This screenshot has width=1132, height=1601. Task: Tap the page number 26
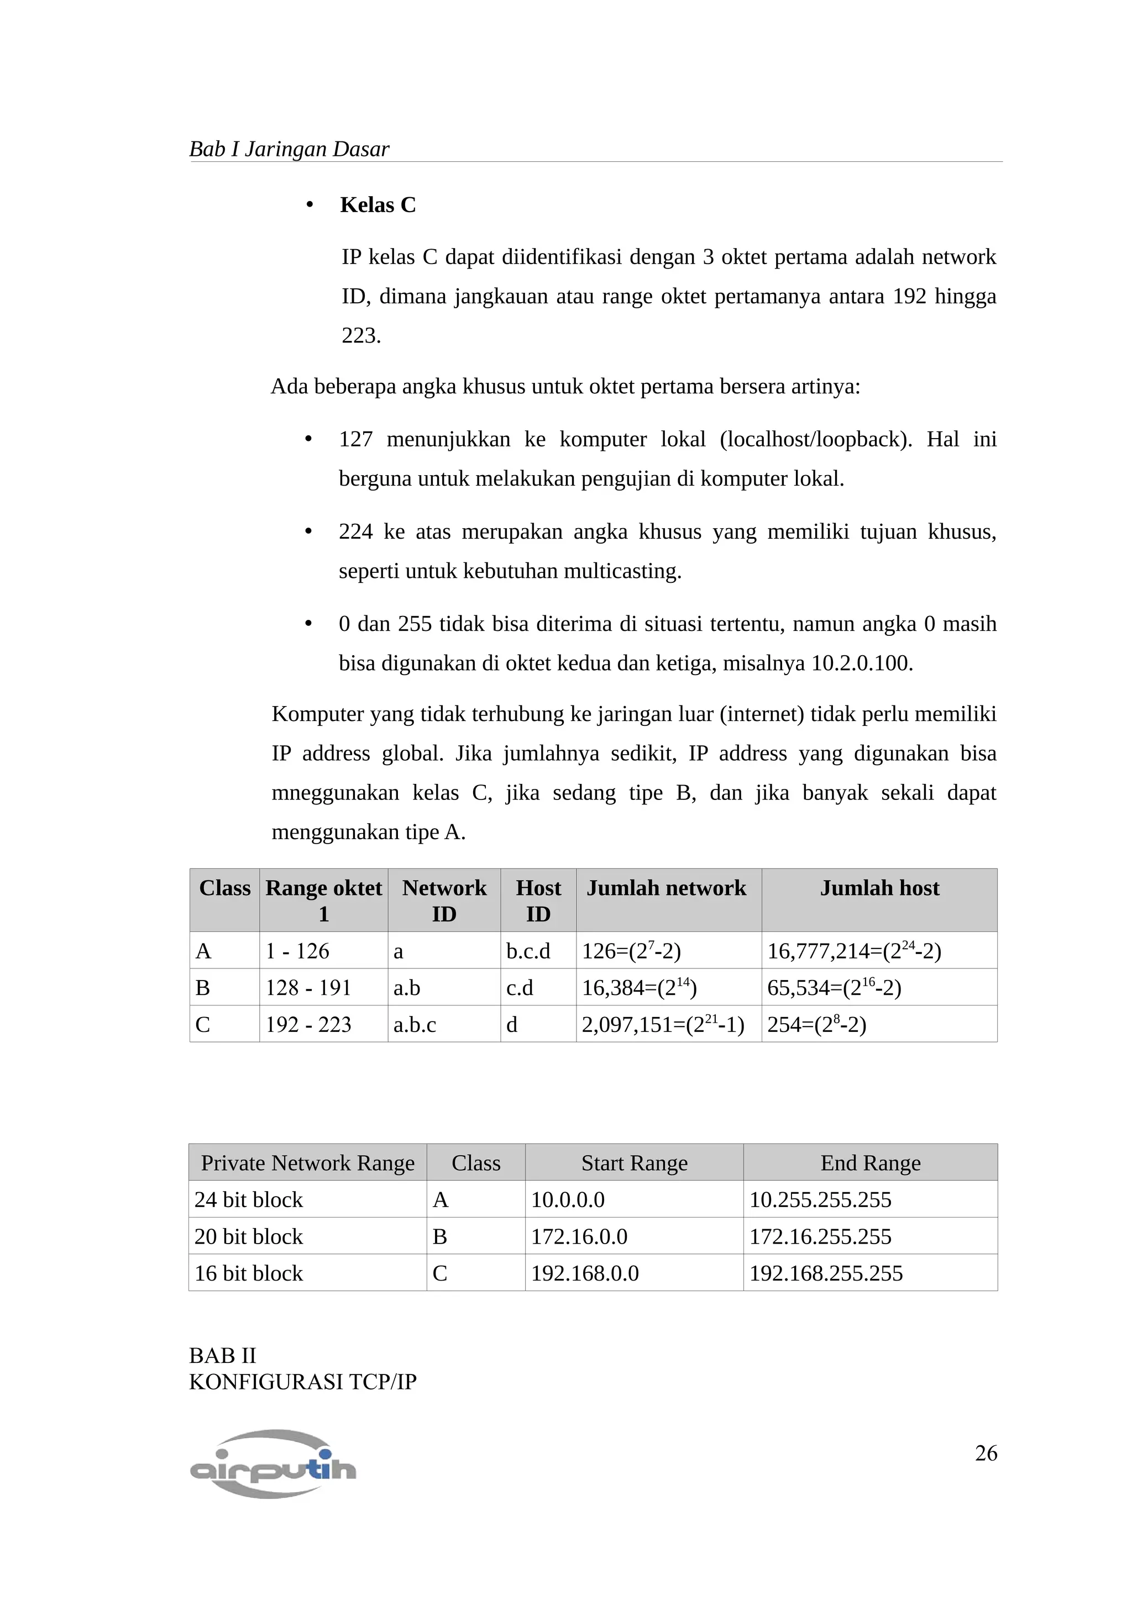click(986, 1453)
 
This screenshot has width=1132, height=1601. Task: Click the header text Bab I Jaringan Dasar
click(289, 149)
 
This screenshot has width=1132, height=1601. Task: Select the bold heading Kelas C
click(378, 205)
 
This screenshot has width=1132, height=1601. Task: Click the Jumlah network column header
click(666, 888)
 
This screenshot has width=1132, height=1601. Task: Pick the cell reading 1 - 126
click(297, 951)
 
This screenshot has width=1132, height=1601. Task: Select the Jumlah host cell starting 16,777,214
click(854, 951)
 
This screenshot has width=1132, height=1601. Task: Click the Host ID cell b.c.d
click(528, 951)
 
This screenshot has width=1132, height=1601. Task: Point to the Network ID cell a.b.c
click(415, 1024)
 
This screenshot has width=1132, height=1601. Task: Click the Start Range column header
click(634, 1163)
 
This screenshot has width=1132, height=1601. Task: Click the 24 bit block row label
click(248, 1200)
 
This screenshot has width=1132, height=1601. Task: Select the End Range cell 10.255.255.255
click(820, 1200)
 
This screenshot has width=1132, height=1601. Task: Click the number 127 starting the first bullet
click(356, 439)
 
